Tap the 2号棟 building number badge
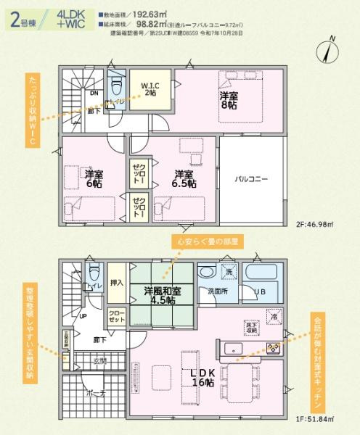click(24, 19)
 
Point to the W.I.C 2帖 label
click(150, 89)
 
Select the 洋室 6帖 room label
click(93, 178)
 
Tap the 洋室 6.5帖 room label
click(182, 178)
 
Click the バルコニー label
click(250, 178)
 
